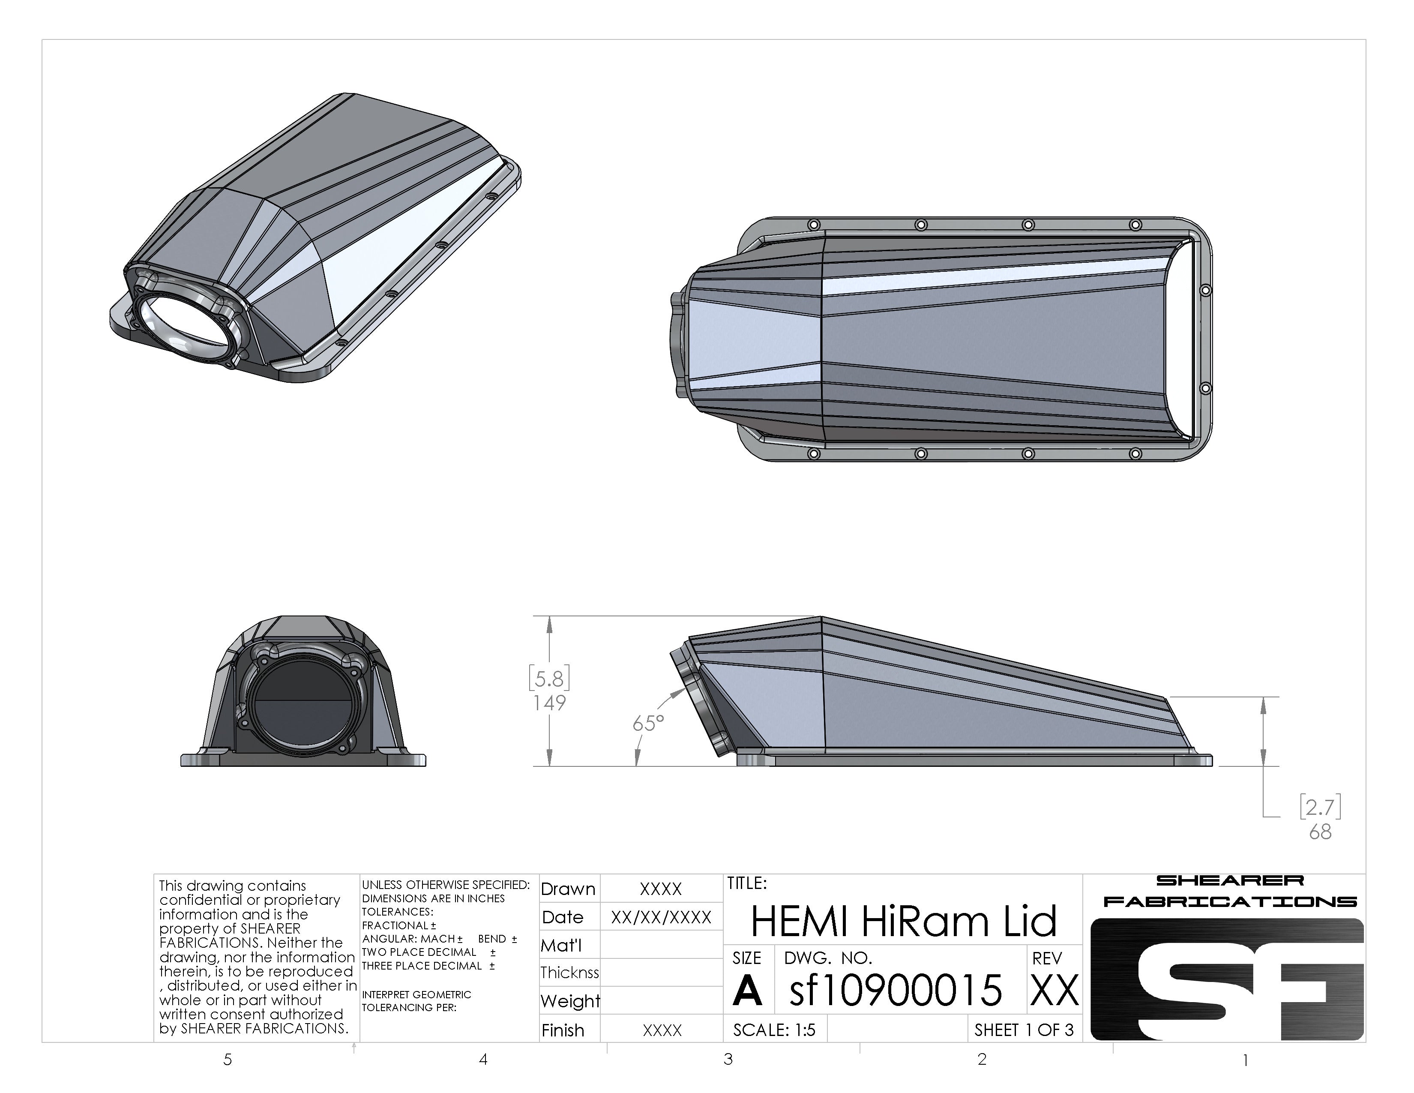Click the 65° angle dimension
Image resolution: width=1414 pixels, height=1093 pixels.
pos(648,723)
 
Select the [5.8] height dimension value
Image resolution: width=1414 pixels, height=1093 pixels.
pos(549,678)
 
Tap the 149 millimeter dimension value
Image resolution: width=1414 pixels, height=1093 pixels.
pos(549,703)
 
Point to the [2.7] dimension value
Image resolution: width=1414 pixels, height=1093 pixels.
pos(1319,807)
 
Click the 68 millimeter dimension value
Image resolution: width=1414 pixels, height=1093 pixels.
pos(1319,832)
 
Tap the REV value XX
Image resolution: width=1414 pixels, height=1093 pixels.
pos(1054,991)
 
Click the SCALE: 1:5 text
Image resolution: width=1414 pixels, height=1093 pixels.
pos(774,1030)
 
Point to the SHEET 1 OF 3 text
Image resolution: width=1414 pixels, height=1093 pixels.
pos(1024,1030)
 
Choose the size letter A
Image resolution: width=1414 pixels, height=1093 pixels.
pos(747,991)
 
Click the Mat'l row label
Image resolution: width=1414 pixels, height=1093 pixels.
pos(561,946)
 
